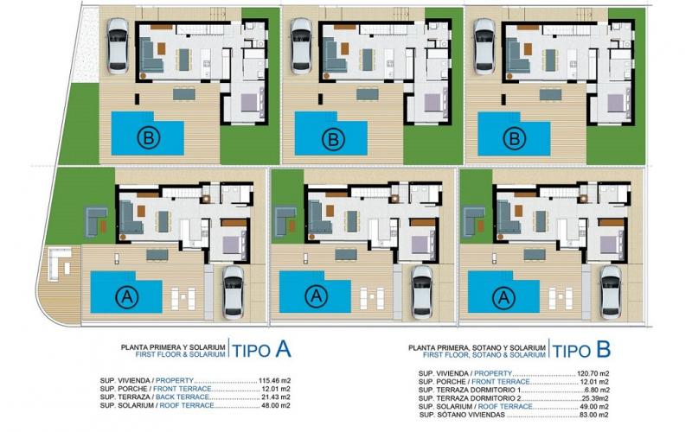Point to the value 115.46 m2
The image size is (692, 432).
coord(273,380)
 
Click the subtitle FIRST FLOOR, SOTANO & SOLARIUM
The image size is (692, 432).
coord(484,354)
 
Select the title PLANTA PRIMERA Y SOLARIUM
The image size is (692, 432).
coord(174,346)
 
